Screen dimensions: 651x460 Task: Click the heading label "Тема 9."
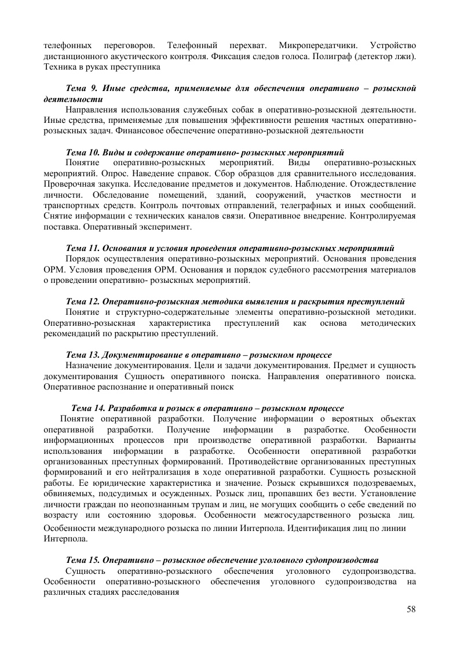(x=83, y=88)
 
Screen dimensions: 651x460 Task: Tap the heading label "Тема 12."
(x=85, y=301)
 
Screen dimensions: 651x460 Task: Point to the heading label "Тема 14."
(x=89, y=408)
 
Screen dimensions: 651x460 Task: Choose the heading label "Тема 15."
(x=85, y=560)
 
